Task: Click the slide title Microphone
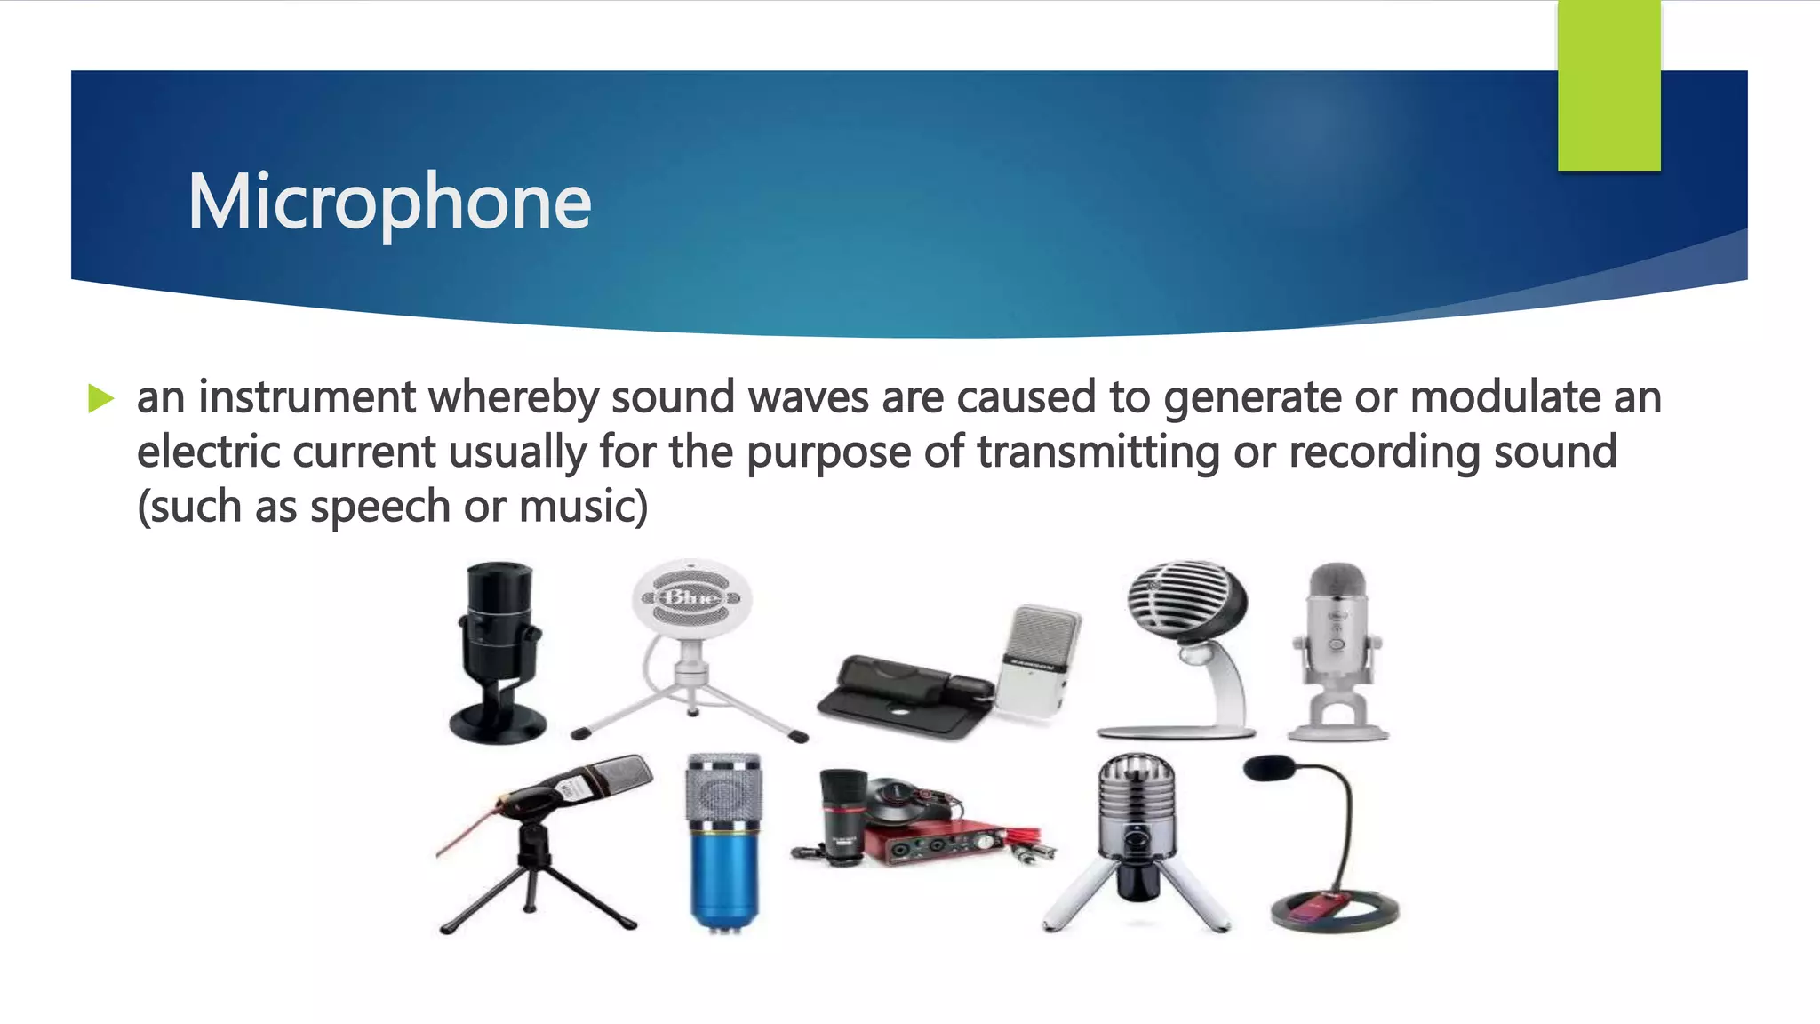pos(389,203)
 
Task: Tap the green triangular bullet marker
pos(101,398)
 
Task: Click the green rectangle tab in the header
pos(1608,85)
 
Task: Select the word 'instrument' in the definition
pos(307,396)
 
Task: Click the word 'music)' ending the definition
pos(583,507)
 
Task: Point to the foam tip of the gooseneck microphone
pos(1268,767)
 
